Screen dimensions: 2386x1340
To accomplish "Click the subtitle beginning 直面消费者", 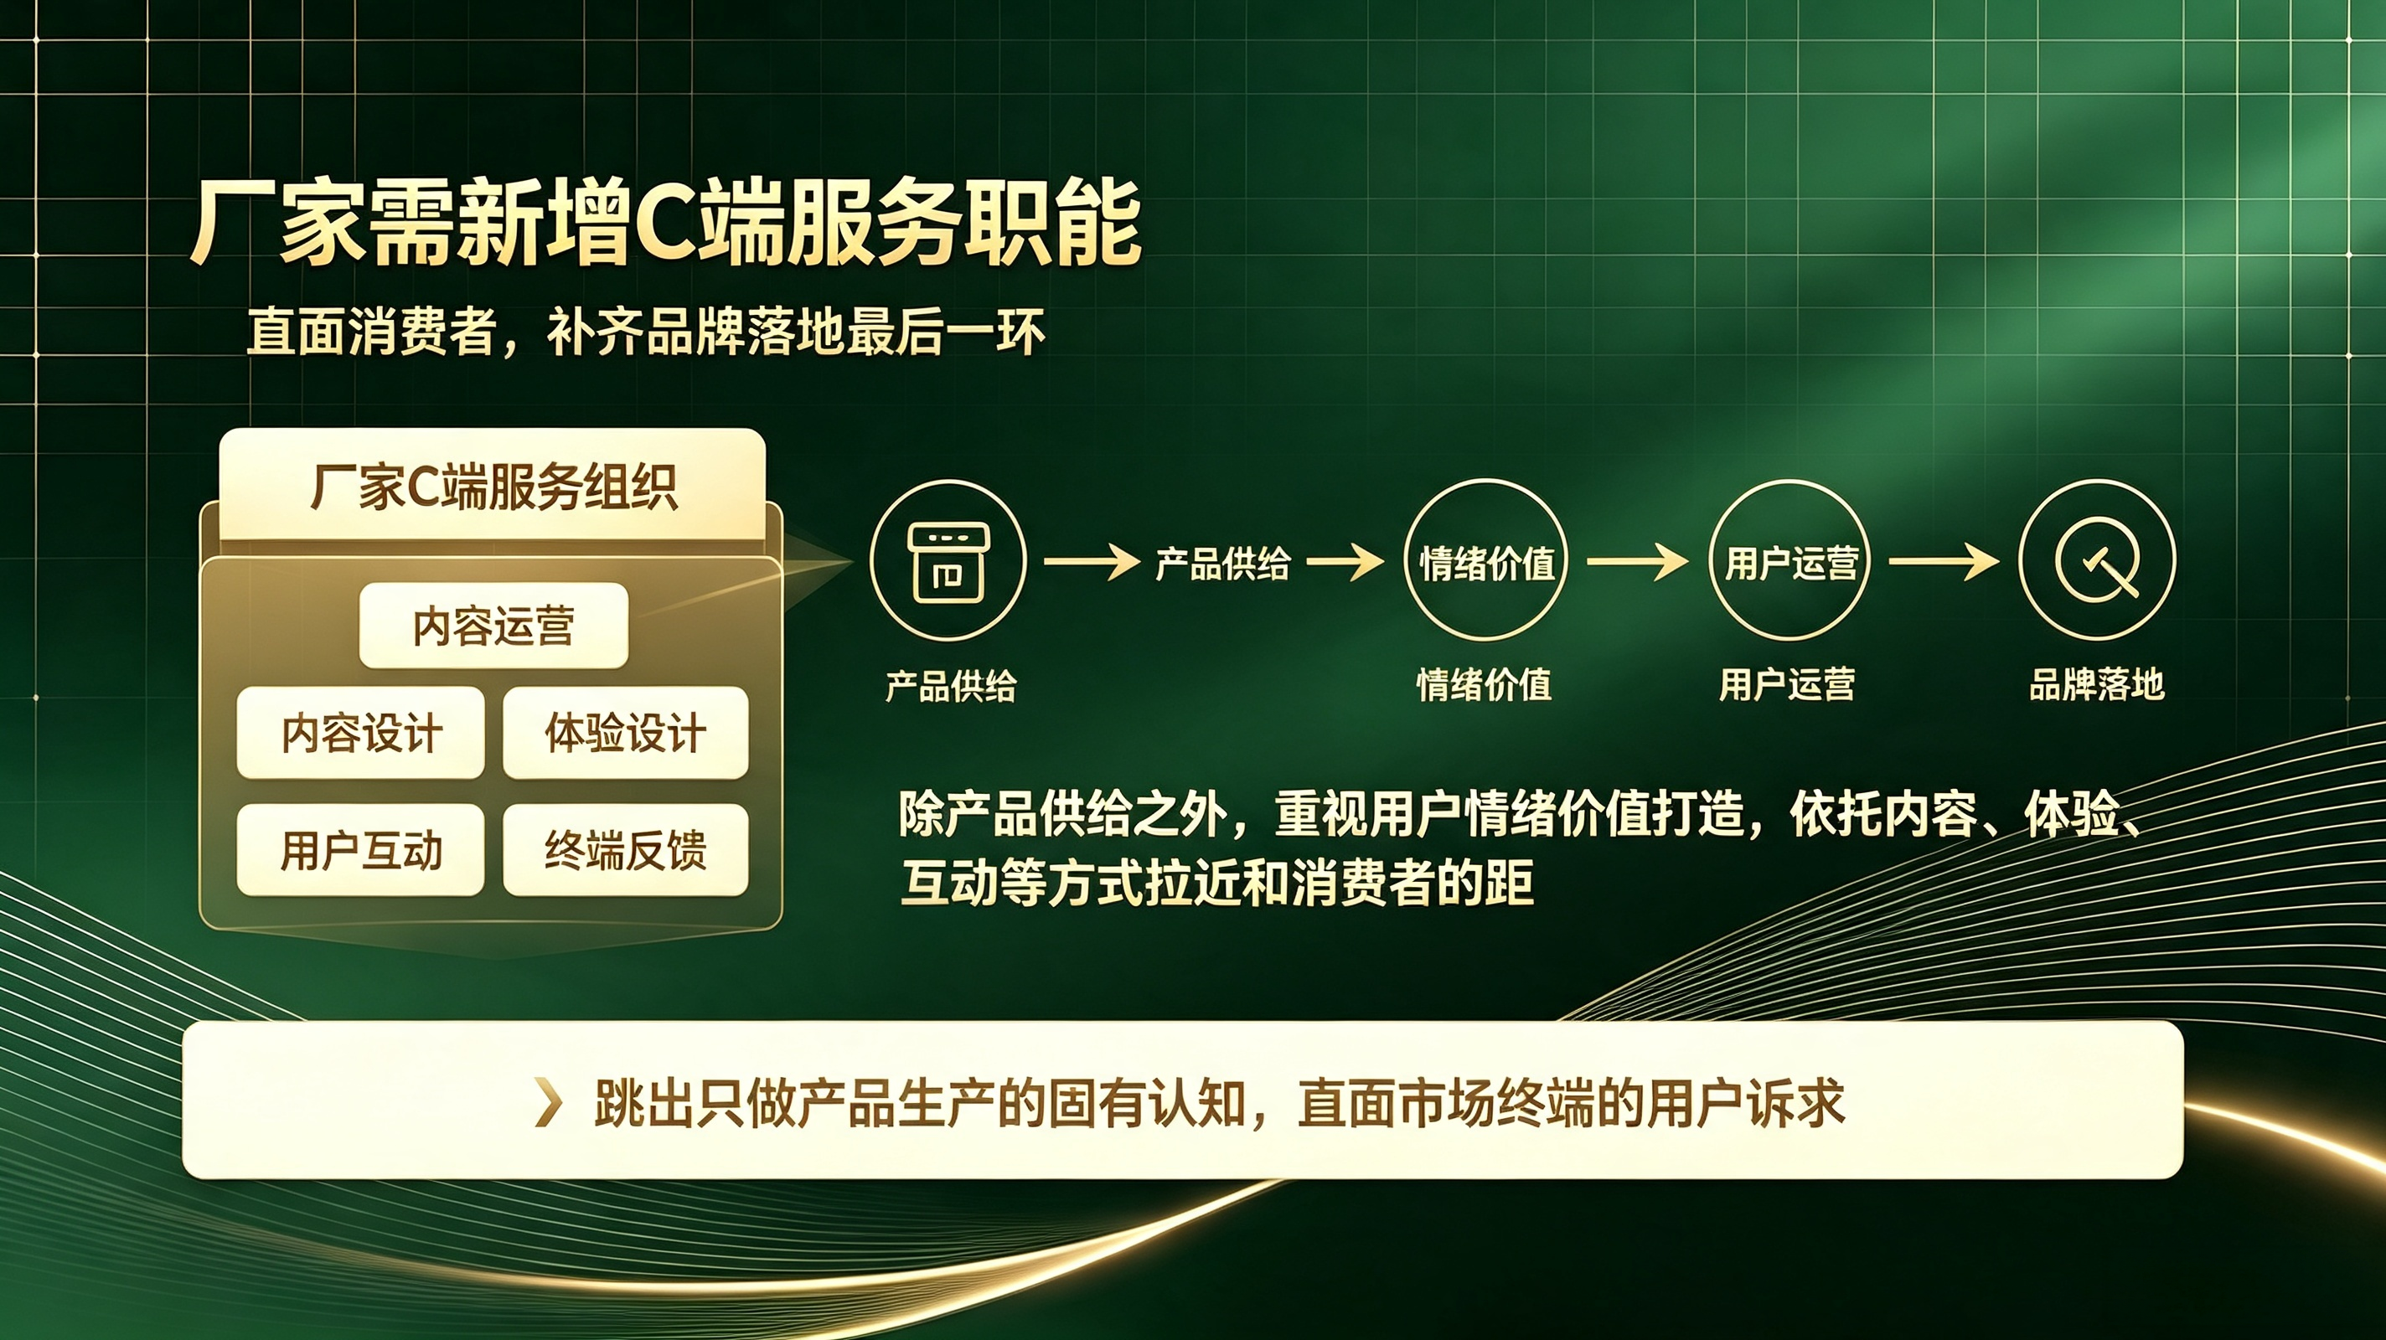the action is click(x=646, y=332).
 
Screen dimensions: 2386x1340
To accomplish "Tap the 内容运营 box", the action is click(x=493, y=625).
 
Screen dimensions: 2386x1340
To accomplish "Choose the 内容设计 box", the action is click(x=360, y=733).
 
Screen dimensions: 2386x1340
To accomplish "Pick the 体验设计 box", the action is click(x=625, y=733).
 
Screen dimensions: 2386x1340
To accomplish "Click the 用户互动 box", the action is click(x=360, y=849).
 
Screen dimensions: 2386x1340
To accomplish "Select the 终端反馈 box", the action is click(x=625, y=849).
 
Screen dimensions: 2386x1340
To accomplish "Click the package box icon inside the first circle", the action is click(x=948, y=562).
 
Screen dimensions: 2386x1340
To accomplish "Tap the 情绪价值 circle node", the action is click(x=1485, y=560).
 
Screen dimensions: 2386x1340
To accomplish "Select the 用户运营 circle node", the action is click(x=1789, y=560).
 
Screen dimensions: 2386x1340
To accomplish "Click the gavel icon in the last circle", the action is click(x=2098, y=560).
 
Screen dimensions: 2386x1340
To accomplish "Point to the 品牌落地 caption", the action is click(x=2097, y=684).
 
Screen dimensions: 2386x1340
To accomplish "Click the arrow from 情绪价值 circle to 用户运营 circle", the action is click(x=1638, y=561).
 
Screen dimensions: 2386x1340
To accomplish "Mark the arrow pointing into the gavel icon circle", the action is click(x=1944, y=561).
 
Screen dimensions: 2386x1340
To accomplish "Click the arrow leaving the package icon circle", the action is click(x=1092, y=561).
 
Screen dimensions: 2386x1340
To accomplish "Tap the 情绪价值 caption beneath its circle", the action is click(x=1484, y=685).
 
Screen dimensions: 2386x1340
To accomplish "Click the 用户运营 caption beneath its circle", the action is click(x=1787, y=685).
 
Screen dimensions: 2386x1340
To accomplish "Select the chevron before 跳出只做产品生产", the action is click(x=550, y=1103).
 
